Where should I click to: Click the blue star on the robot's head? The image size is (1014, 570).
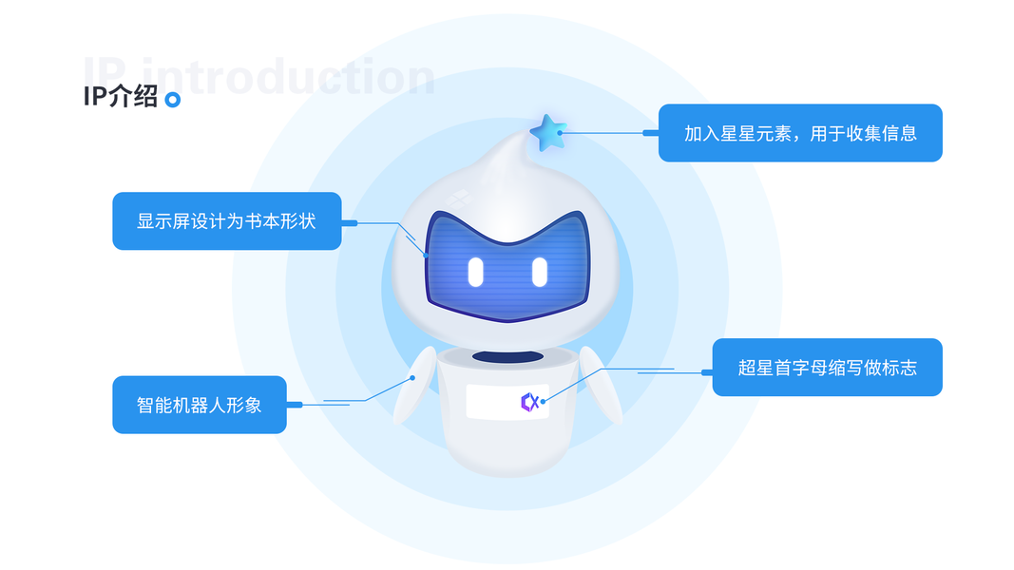coord(547,133)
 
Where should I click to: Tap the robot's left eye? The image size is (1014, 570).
coord(475,272)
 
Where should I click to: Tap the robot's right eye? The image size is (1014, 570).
coord(539,272)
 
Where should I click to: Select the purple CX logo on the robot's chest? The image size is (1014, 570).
coord(529,402)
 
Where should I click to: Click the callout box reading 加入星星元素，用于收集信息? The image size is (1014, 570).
coord(800,133)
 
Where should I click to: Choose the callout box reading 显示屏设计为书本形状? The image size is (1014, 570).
coord(226,221)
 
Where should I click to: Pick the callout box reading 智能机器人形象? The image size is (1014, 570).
coord(199,405)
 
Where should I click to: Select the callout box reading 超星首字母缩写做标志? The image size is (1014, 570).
coord(827,368)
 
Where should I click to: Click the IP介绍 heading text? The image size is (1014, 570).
coord(121,97)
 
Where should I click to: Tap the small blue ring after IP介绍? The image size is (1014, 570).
coord(172,100)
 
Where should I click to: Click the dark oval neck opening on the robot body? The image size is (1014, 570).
coord(508,356)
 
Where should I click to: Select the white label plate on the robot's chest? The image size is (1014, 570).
coord(507,402)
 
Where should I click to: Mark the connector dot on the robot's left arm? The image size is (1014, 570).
coord(413,377)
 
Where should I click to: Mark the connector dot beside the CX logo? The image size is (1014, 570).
coord(543,402)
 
